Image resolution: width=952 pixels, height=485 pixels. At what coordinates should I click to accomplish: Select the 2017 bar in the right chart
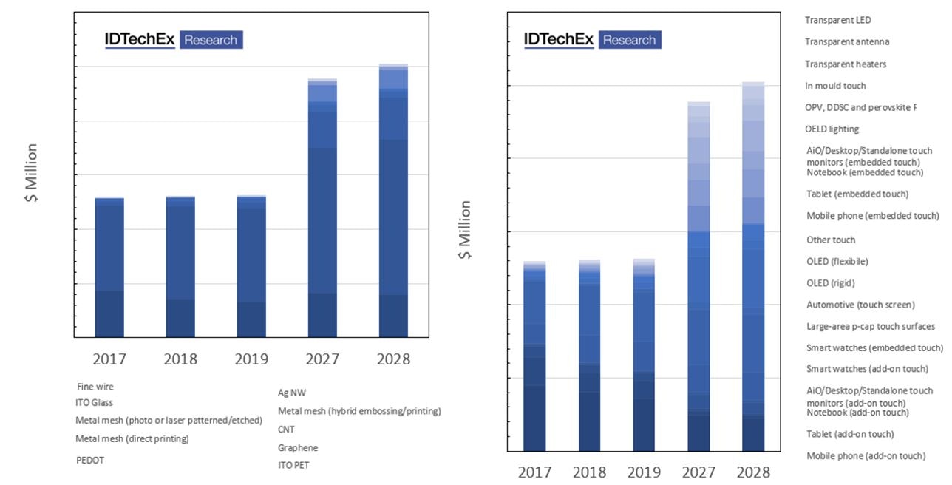pyautogui.click(x=534, y=356)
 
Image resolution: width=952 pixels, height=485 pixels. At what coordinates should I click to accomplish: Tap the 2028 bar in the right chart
pyautogui.click(x=753, y=266)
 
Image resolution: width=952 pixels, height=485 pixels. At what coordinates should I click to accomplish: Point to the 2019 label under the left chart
pyautogui.click(x=251, y=359)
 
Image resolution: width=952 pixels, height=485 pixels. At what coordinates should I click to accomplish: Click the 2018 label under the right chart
pyautogui.click(x=589, y=472)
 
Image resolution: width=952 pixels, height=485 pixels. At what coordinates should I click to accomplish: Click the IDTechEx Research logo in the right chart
pyautogui.click(x=592, y=40)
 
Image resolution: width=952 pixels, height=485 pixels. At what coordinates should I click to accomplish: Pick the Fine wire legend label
pyautogui.click(x=95, y=387)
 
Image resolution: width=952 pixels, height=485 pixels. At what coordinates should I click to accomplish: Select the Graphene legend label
pyautogui.click(x=298, y=447)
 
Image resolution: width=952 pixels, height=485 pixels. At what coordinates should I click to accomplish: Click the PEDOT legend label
pyautogui.click(x=91, y=459)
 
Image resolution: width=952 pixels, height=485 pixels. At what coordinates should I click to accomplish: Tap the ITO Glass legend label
pyautogui.click(x=98, y=403)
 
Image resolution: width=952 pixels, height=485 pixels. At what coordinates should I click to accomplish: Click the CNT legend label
pyautogui.click(x=287, y=429)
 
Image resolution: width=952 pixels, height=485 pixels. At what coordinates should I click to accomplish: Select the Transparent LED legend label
pyautogui.click(x=838, y=20)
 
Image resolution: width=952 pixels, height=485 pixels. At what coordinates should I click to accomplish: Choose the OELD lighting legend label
pyautogui.click(x=832, y=129)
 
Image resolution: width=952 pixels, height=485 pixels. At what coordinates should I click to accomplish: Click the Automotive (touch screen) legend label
pyautogui.click(x=860, y=305)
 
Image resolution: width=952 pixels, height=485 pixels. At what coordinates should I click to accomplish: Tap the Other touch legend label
pyautogui.click(x=831, y=240)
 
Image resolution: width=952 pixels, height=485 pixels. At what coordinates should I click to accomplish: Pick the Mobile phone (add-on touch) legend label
pyautogui.click(x=866, y=456)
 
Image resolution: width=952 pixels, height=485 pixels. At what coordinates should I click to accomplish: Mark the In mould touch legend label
pyautogui.click(x=835, y=86)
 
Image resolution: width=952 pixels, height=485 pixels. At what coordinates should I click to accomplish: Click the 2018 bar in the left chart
pyautogui.click(x=180, y=267)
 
